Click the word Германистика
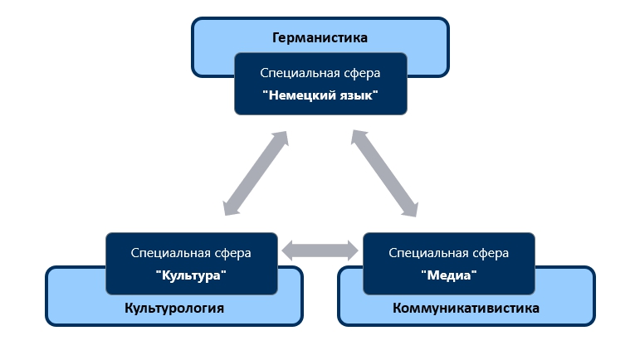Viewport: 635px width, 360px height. [320, 37]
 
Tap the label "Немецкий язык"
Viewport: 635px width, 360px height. [320, 95]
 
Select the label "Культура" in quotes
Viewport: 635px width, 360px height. [191, 275]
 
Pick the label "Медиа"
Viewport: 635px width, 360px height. [449, 275]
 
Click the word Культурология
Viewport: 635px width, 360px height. [174, 309]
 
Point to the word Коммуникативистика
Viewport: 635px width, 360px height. [466, 309]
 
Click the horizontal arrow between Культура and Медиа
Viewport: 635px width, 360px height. [320, 249]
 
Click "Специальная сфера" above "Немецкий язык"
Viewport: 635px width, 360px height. [320, 73]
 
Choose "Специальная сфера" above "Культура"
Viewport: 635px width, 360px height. [191, 253]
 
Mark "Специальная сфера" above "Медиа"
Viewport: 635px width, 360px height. [449, 253]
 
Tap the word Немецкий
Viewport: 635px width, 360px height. [300, 95]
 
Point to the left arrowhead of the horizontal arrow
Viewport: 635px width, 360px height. [289, 249]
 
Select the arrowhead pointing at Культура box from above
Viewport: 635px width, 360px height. [230, 210]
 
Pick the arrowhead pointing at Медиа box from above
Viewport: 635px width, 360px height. [411, 210]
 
